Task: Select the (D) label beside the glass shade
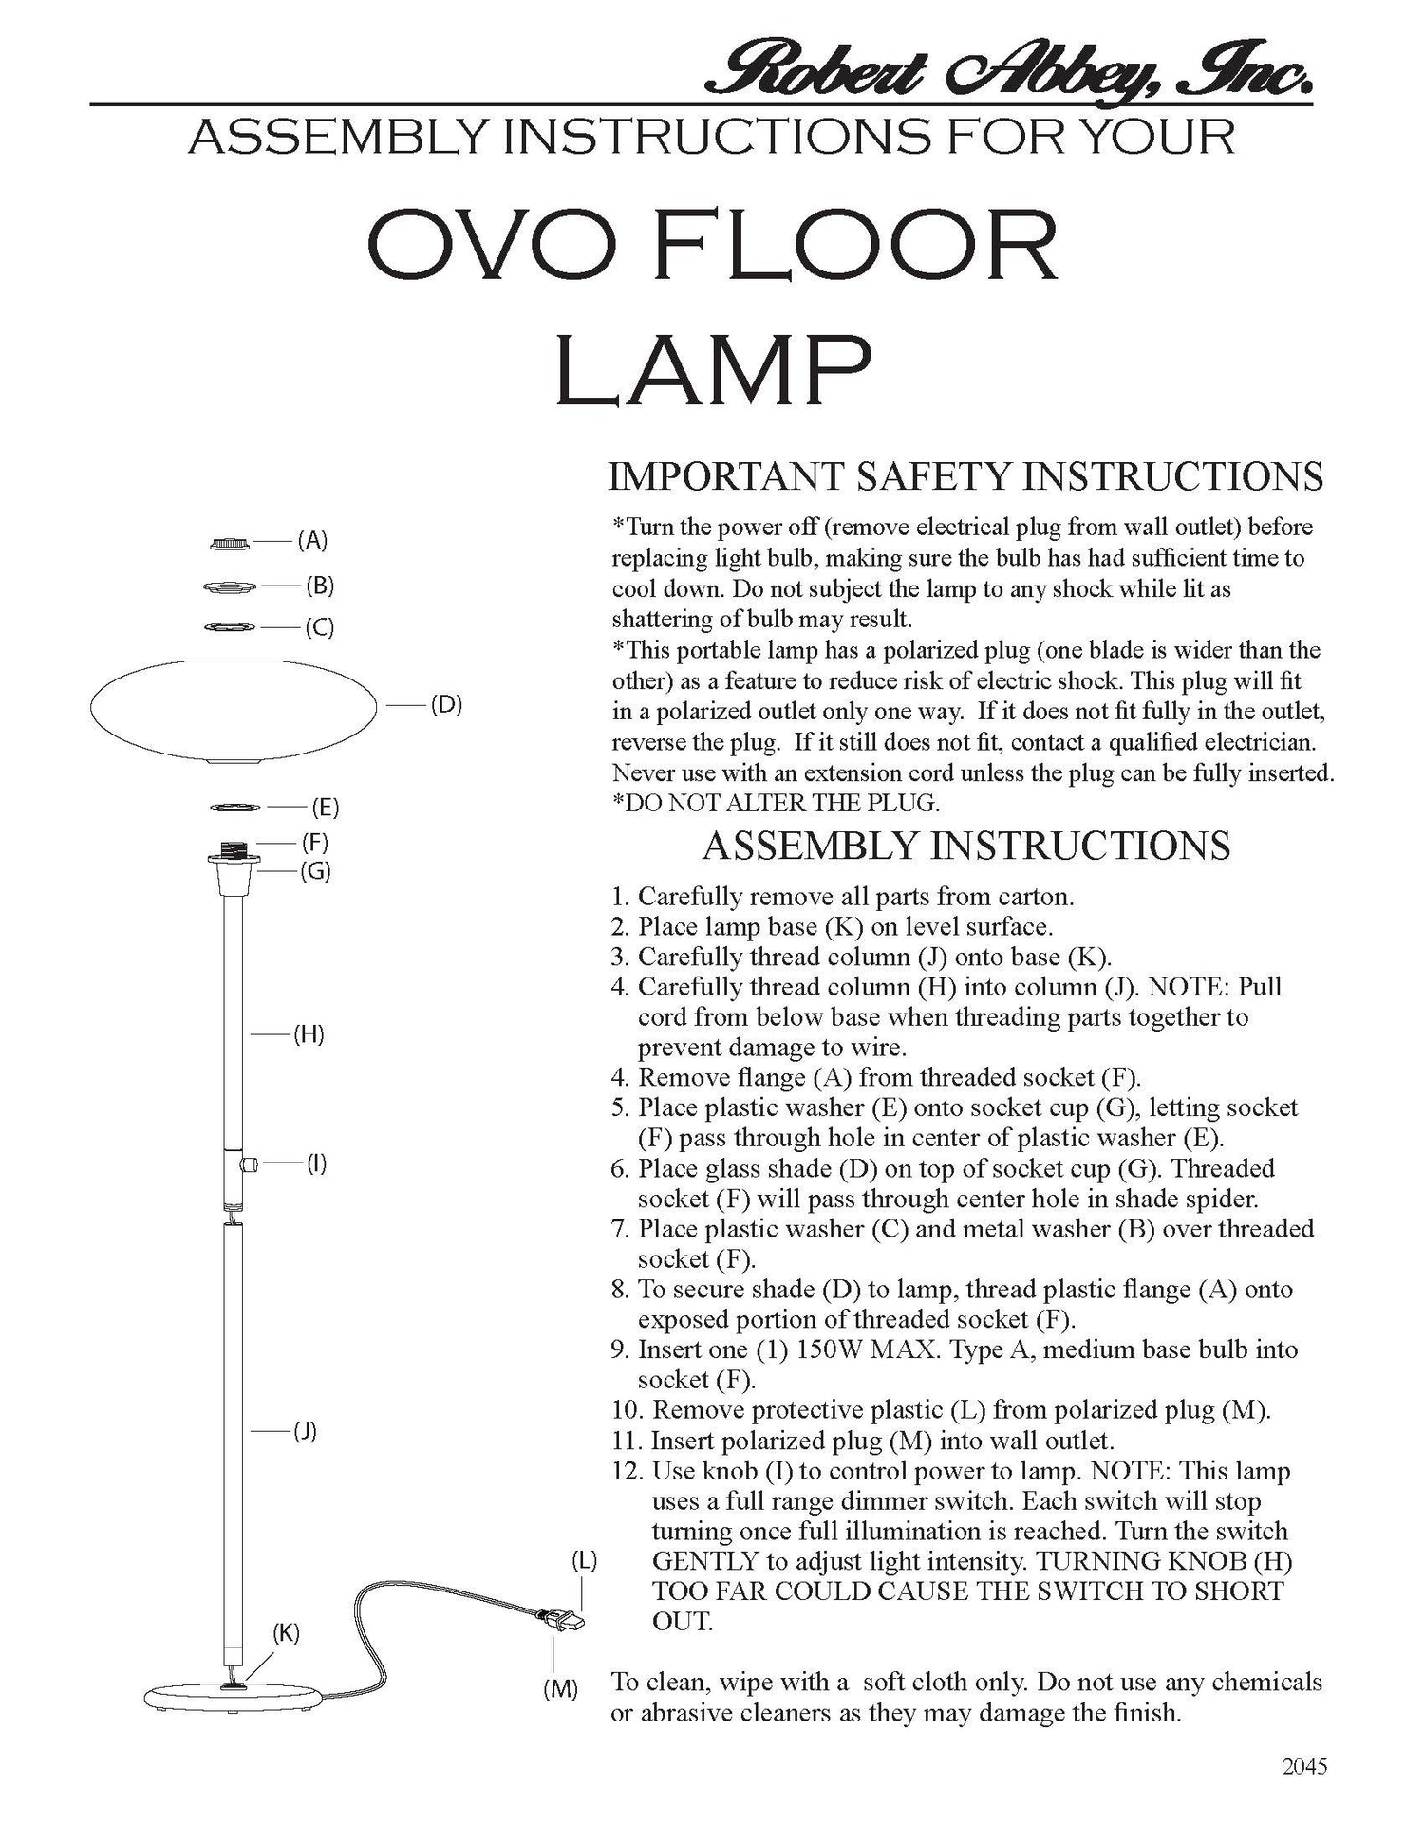[x=445, y=705]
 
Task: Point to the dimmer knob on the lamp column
[x=250, y=1163]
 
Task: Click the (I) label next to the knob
[x=316, y=1163]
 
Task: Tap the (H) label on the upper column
[x=309, y=1034]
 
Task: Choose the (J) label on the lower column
[x=304, y=1431]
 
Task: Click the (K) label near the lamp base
[x=286, y=1633]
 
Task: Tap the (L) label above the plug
[x=583, y=1561]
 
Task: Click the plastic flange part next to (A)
[x=230, y=544]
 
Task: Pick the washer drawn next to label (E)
[x=234, y=808]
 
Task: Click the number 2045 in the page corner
[x=1303, y=1767]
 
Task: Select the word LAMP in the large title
[x=713, y=369]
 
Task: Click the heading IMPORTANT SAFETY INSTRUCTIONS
[x=965, y=476]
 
